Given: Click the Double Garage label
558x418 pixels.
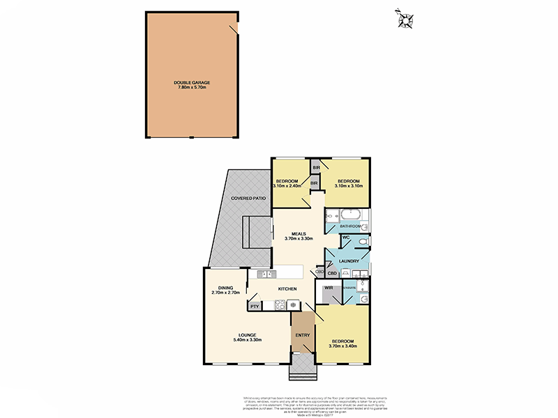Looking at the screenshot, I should click(x=192, y=82).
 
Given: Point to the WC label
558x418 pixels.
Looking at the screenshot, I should click(x=345, y=238).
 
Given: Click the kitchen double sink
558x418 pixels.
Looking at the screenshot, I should click(x=262, y=274).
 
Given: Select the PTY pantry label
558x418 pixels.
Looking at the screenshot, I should click(x=255, y=305).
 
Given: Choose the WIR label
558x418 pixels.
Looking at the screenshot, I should click(x=328, y=288).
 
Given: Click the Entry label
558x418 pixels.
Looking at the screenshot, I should click(x=303, y=335).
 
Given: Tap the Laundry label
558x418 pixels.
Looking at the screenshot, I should click(x=349, y=261).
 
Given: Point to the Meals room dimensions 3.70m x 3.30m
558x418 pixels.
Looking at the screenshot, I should click(x=298, y=238).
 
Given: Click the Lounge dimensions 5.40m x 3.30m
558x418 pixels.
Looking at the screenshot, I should click(x=246, y=339).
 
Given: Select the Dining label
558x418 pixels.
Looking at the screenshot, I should click(x=225, y=288).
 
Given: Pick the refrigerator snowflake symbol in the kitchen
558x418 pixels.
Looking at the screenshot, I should click(x=293, y=304).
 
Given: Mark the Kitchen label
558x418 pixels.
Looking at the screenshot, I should click(x=288, y=288).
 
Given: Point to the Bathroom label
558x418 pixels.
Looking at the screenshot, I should click(x=350, y=226).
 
